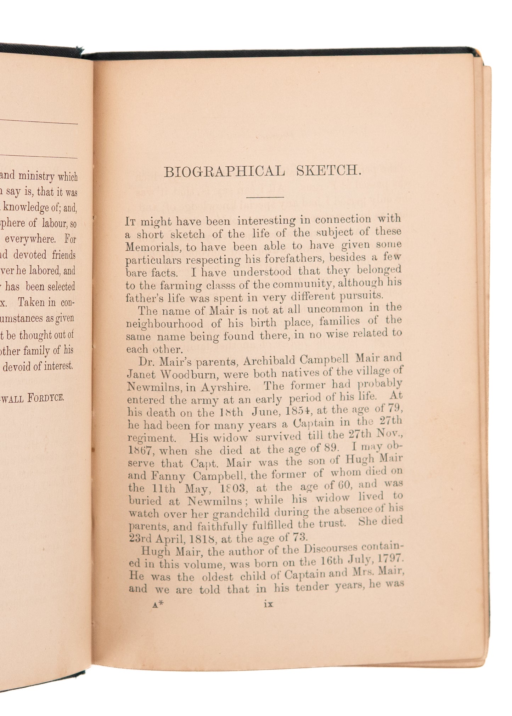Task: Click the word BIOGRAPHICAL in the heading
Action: point(224,172)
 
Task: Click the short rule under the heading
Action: point(266,197)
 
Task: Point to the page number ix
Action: point(269,604)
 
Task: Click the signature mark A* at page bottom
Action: point(158,605)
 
